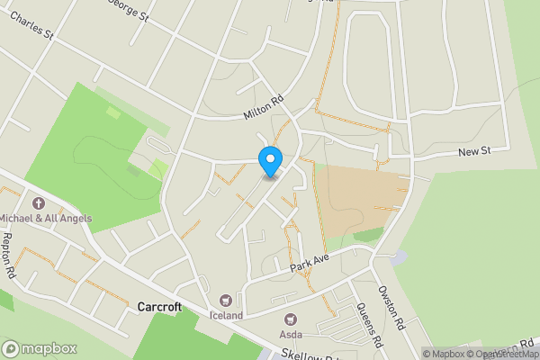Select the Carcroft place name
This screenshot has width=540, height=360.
coord(159,307)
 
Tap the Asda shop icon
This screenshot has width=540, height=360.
coord(291,319)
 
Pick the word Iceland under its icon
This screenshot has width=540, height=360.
coord(226,316)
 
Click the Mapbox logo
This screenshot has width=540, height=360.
coord(40,348)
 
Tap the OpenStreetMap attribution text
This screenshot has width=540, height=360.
coord(499,354)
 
